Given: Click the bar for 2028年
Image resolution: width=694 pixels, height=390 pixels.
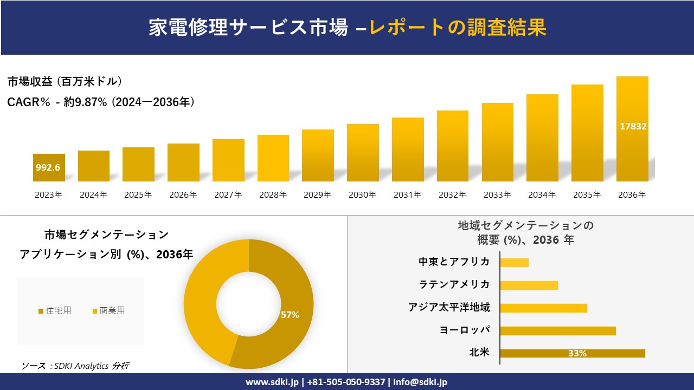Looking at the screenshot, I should (273, 158).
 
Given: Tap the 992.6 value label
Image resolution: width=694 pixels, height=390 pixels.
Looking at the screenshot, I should (48, 167).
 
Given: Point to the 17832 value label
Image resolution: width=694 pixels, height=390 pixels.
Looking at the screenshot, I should (633, 126).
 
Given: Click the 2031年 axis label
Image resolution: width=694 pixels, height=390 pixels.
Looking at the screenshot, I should (407, 195).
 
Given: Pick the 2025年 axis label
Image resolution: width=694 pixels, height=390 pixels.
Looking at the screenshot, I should (138, 195).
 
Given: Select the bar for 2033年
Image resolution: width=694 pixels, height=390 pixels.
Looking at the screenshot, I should (497, 142).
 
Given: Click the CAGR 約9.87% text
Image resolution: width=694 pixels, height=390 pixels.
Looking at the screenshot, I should (101, 102).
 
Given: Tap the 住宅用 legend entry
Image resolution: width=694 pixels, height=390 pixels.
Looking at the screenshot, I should (55, 310).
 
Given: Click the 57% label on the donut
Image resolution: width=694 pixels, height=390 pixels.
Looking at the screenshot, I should (290, 315).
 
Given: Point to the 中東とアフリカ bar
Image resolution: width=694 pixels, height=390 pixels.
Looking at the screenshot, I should (514, 262).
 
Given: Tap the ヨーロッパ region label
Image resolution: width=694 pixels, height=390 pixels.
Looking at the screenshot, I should (465, 330).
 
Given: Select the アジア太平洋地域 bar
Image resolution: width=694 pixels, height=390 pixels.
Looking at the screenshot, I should (543, 308).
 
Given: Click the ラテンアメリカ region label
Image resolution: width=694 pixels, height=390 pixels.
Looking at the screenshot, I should (454, 284).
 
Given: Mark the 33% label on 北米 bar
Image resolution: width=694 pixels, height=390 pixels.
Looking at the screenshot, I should (577, 353).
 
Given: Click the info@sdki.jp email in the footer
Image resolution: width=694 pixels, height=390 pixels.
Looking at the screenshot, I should (421, 382).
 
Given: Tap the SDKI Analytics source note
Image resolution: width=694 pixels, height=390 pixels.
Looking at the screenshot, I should (75, 366).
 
